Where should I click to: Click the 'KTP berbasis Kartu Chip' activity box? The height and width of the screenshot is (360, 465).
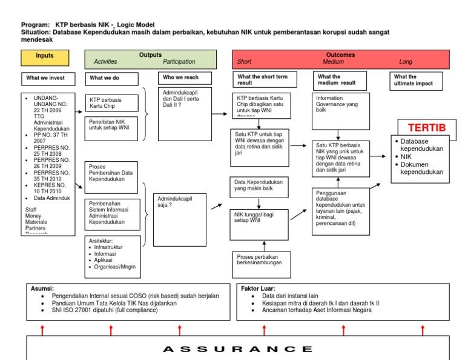click(111, 102)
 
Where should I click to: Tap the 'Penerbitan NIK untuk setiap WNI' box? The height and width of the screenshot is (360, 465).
click(111, 128)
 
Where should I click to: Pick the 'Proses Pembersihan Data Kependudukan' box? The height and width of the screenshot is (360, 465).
click(111, 173)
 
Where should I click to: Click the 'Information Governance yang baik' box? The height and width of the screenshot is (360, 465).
click(340, 111)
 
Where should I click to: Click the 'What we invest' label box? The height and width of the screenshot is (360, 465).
click(49, 78)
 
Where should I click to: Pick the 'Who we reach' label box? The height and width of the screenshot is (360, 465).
click(186, 78)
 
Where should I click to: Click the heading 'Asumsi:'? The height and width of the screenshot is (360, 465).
click(42, 288)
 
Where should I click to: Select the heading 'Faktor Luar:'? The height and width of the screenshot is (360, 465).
click(259, 288)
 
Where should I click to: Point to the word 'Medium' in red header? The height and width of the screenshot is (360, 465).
click(334, 62)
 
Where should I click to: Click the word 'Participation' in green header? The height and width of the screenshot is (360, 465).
click(179, 62)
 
